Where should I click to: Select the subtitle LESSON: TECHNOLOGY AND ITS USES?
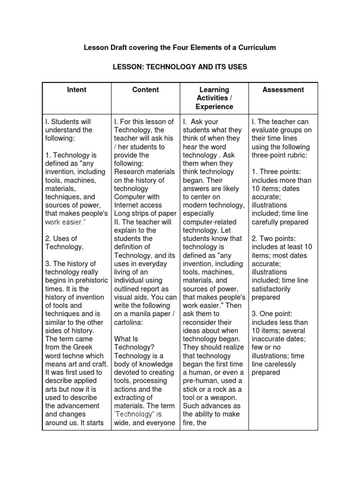click(x=180, y=67)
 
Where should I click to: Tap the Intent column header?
click(x=76, y=90)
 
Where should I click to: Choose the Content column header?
click(x=145, y=90)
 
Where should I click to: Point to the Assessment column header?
click(x=283, y=90)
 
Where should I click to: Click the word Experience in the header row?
click(x=214, y=106)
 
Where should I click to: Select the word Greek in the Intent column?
click(x=81, y=347)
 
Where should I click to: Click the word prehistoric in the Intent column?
click(x=81, y=281)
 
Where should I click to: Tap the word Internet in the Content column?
click(x=126, y=205)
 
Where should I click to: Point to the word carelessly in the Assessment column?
click(x=280, y=364)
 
